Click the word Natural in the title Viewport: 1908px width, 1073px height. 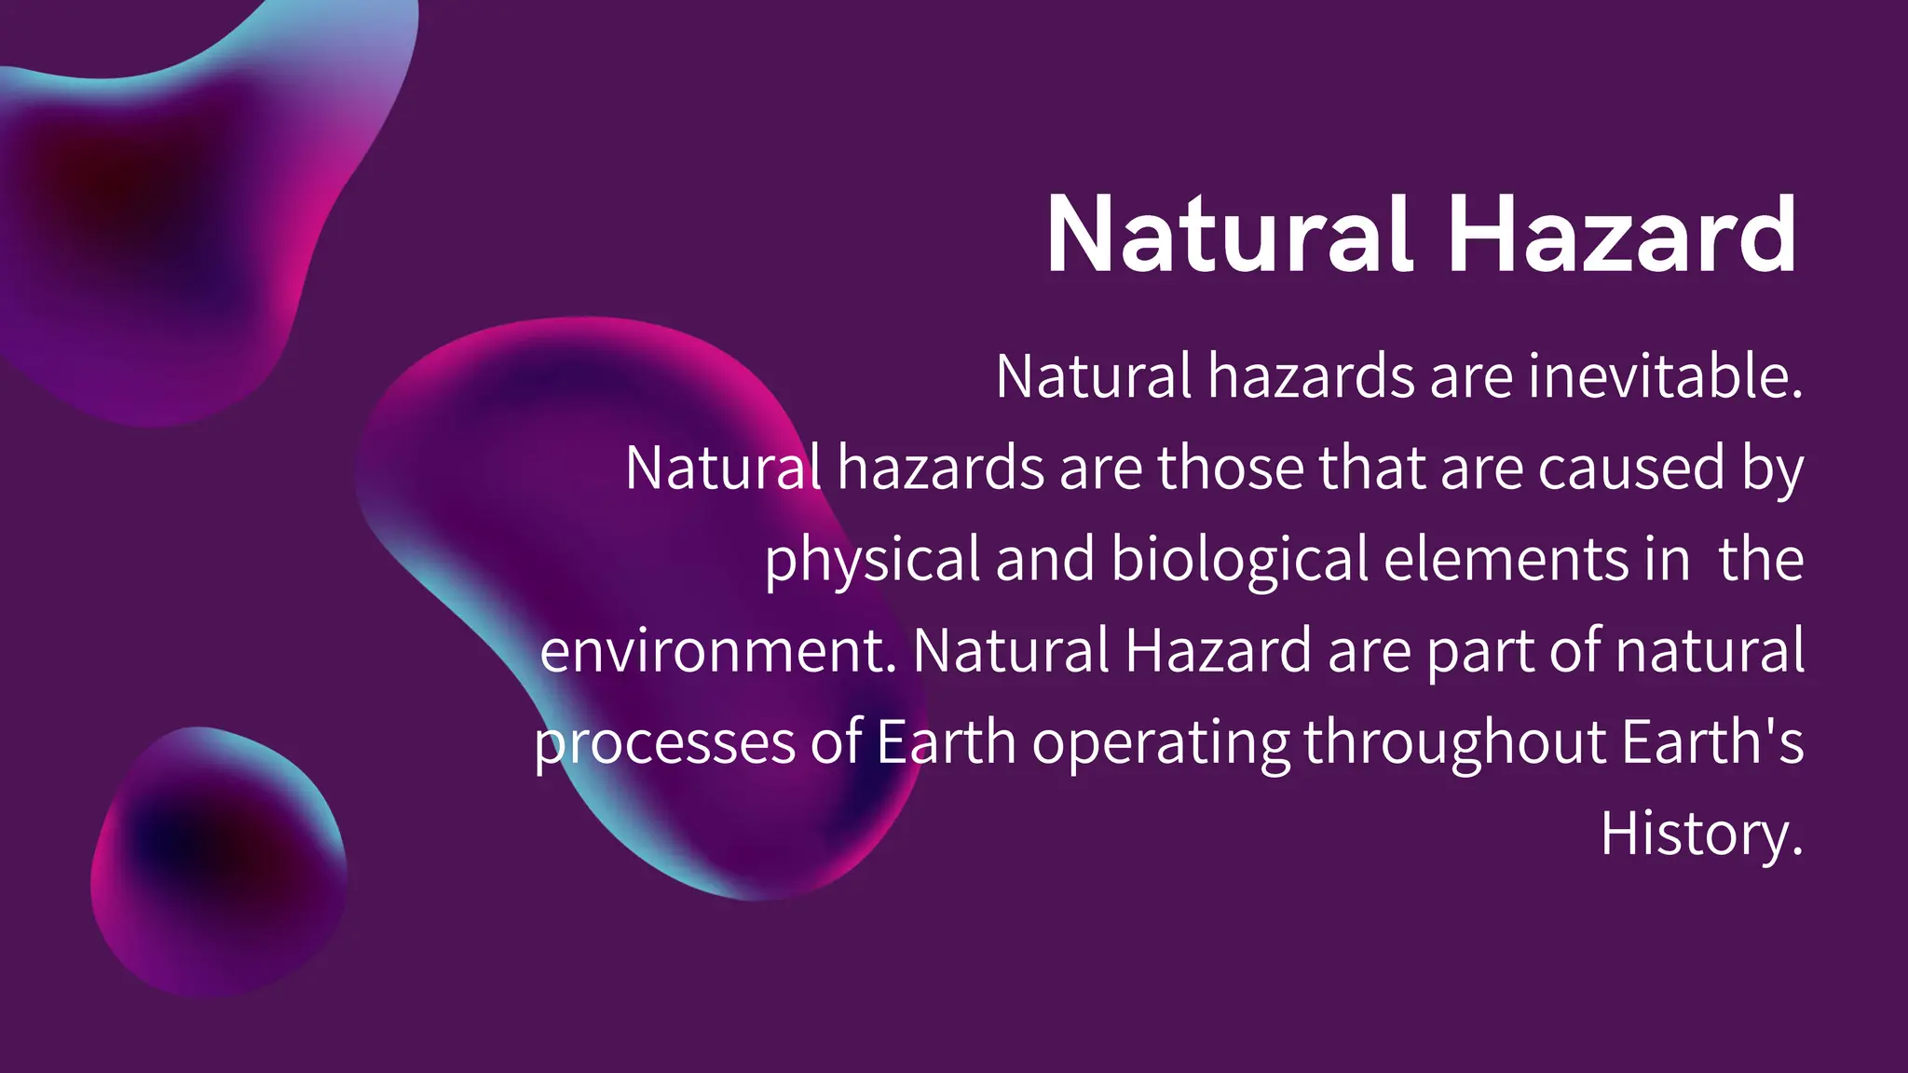[1230, 235]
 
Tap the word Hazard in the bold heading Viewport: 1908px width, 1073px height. [1621, 235]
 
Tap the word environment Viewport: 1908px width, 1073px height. [717, 650]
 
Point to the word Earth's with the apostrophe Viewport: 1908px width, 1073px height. [1712, 741]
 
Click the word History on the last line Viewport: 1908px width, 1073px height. [1701, 835]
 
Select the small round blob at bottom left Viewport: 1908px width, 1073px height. [218, 862]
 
